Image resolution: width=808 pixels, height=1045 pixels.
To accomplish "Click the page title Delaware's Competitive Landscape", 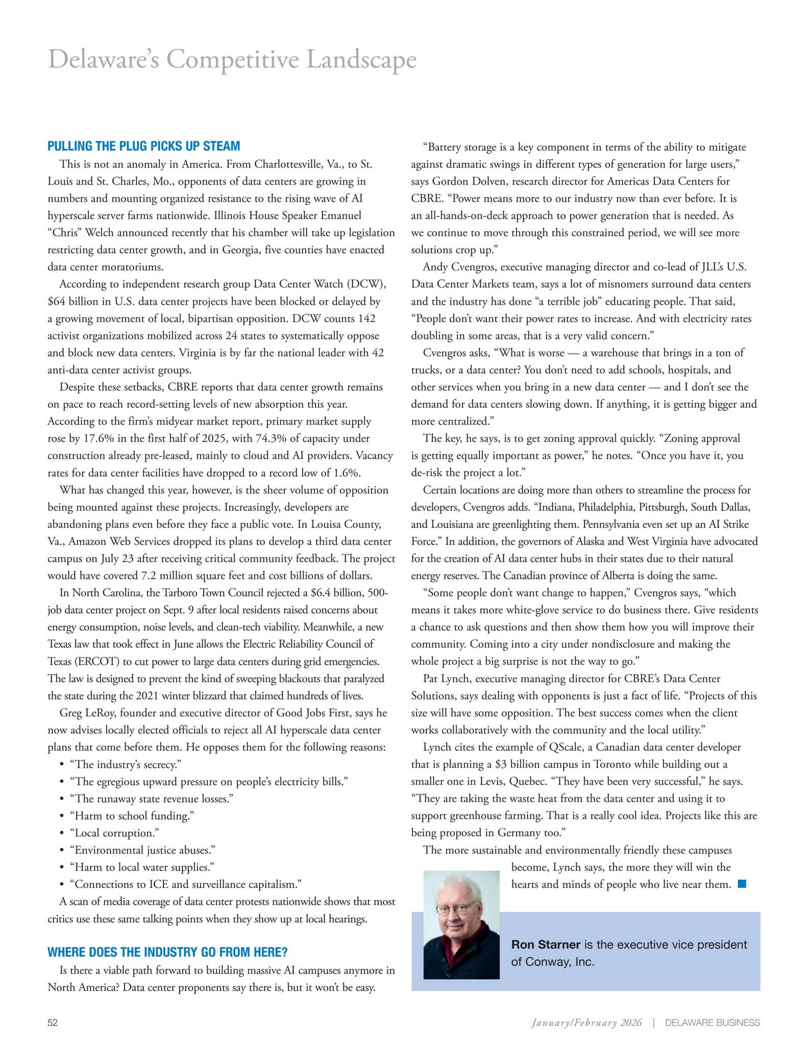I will (232, 60).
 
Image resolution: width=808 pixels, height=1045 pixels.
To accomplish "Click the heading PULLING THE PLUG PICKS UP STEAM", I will (143, 146).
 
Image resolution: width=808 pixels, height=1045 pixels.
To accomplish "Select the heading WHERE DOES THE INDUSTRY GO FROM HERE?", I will (167, 952).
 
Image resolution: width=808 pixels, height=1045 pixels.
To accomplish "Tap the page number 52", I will (53, 1023).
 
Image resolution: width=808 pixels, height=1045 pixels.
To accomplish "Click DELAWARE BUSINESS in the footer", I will (712, 1023).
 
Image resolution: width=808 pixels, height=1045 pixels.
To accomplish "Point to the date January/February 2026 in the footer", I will (586, 1023).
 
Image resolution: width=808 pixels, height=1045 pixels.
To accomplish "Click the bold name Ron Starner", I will (545, 944).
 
